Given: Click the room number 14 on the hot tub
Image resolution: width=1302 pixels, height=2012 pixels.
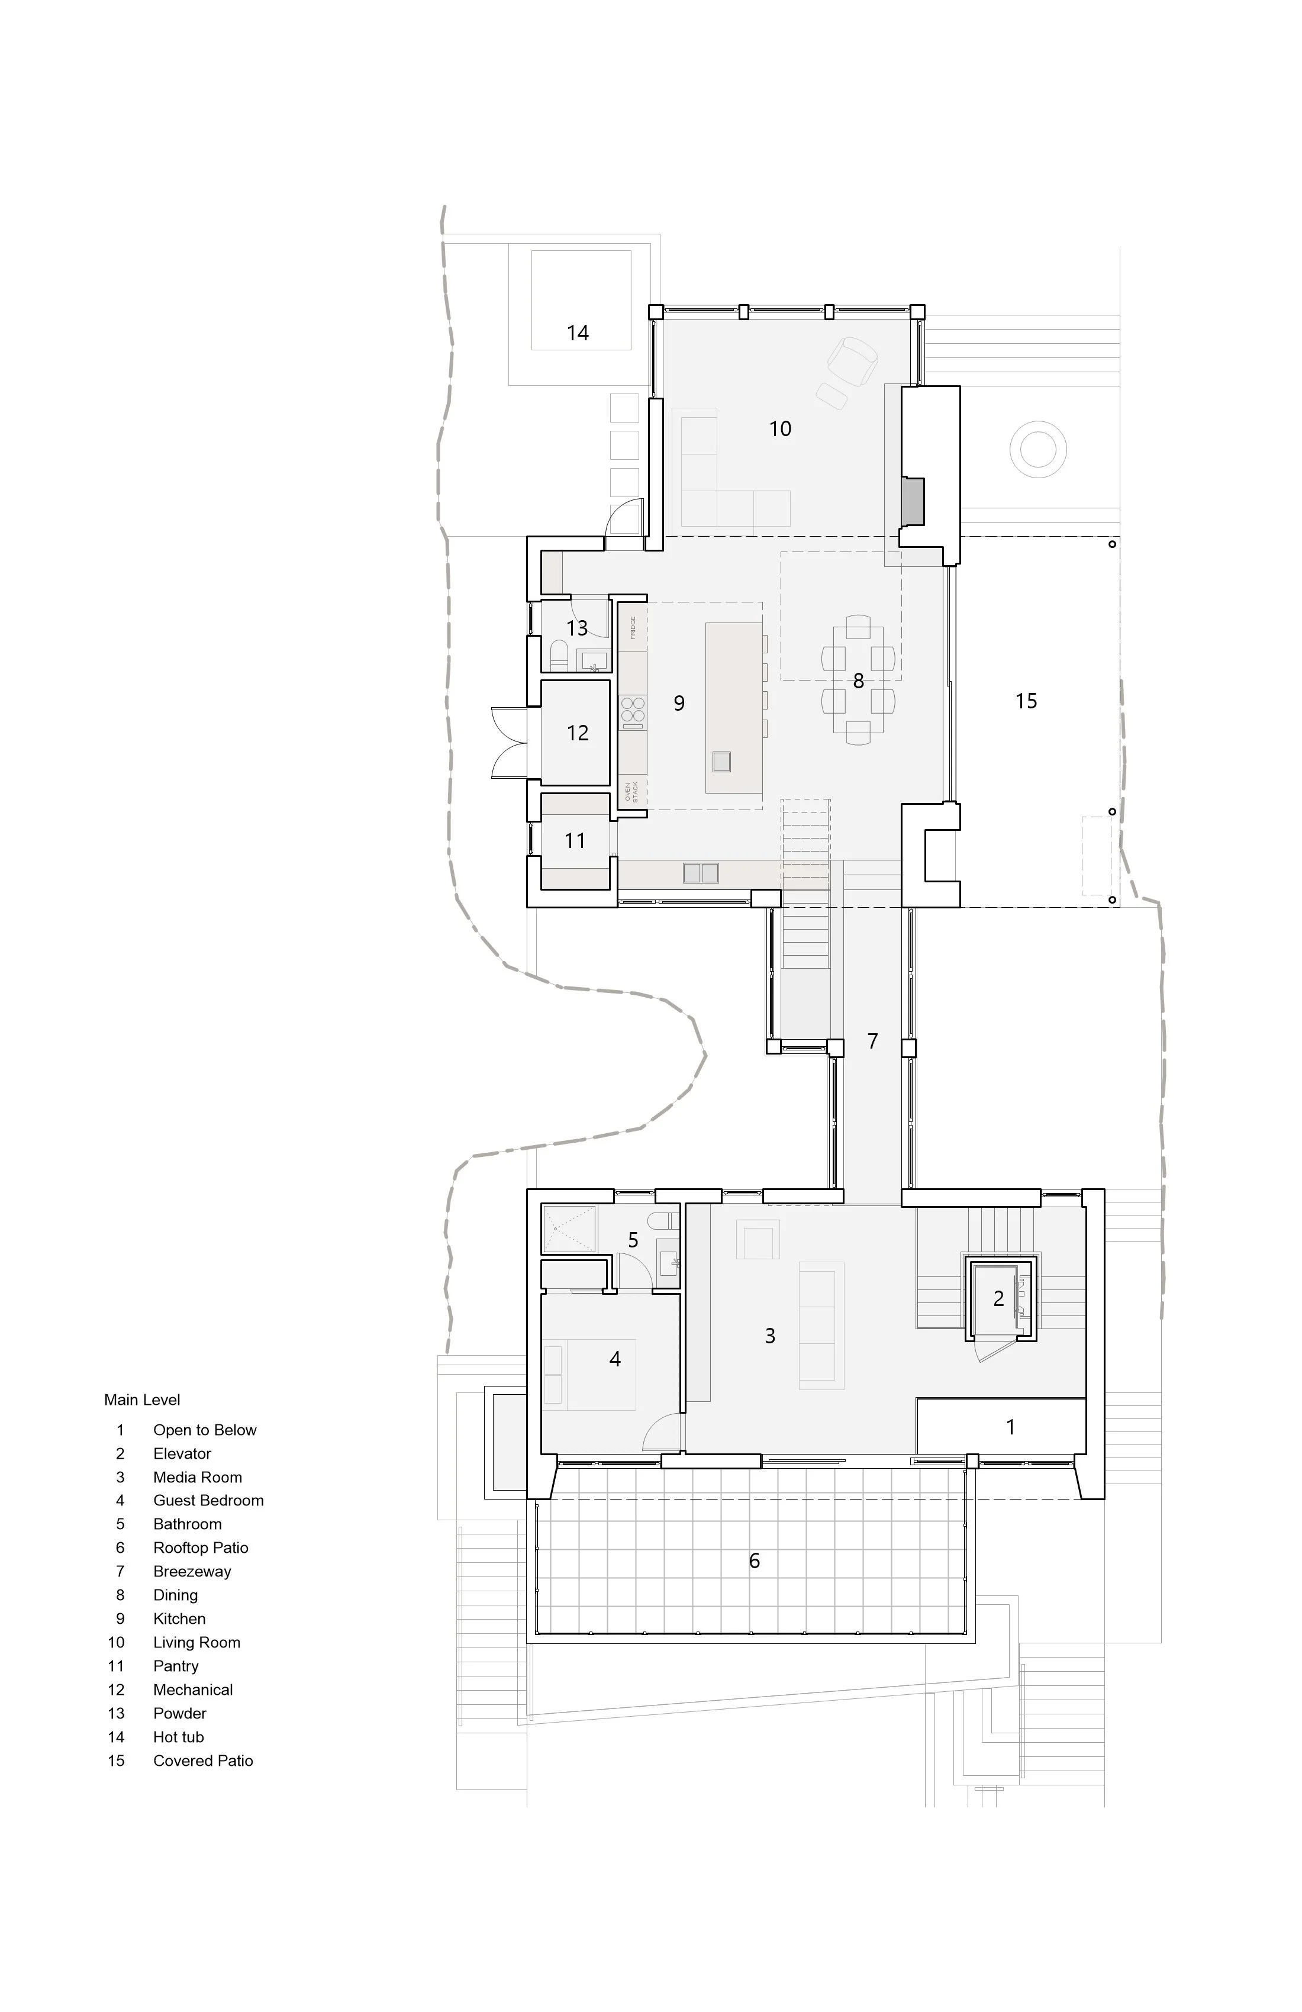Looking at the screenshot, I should (578, 333).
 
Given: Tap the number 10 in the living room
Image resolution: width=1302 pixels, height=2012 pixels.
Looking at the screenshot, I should (779, 428).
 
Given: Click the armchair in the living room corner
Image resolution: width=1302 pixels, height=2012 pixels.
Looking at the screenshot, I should (852, 360).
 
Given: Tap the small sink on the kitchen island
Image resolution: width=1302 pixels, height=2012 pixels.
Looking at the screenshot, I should (721, 762).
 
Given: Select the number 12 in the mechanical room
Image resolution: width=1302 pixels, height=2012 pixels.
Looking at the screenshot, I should (578, 733).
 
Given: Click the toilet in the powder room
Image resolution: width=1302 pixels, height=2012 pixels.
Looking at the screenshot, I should (558, 654).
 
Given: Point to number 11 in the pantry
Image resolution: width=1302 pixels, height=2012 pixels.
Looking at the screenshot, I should (575, 841).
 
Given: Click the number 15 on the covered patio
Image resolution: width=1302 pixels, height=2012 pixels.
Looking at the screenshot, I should (1026, 701).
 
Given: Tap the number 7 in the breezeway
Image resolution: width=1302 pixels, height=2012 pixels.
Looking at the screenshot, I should (872, 1042).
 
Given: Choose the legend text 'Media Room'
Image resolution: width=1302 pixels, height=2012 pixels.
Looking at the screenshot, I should (197, 1478).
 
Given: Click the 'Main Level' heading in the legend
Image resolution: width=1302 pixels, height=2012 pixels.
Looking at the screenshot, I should (142, 1400).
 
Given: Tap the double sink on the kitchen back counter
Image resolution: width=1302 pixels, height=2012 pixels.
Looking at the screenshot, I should (700, 872).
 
